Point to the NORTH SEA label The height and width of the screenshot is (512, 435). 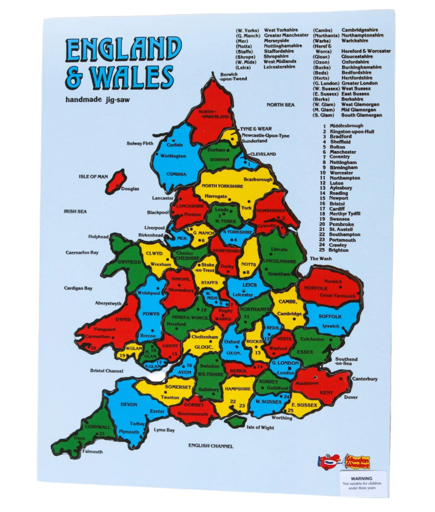pos(280,105)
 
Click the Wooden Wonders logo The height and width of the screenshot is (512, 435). pos(357,462)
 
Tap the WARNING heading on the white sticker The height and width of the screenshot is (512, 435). pos(362,478)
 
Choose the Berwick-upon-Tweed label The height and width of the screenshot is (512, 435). pos(233,76)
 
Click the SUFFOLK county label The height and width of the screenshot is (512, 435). pos(330,316)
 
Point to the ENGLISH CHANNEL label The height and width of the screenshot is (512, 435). pos(211,446)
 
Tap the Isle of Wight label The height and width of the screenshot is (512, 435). pos(260,427)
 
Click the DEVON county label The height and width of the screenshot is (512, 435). pos(129,404)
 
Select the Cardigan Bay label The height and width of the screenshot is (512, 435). pos(78,288)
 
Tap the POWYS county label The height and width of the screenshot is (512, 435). pos(151,314)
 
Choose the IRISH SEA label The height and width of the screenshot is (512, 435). pos(75,211)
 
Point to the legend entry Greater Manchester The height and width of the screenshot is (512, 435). pos(286,35)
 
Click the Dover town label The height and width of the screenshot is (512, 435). pos(351,397)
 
